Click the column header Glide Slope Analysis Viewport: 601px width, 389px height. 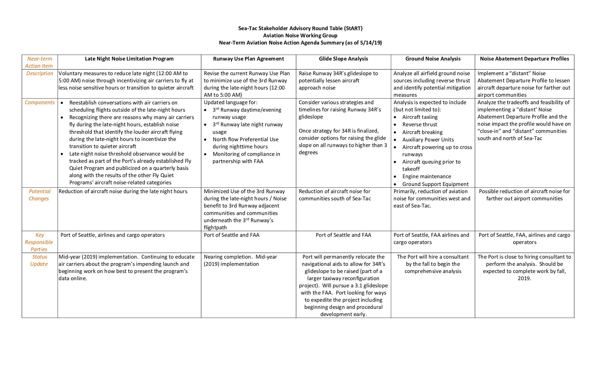tap(343, 59)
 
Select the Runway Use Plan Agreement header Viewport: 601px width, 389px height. tap(248, 59)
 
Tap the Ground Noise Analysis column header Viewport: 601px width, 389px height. tap(433, 59)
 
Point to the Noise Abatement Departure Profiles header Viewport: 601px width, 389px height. tap(524, 59)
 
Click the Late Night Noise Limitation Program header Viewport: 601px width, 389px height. tap(129, 59)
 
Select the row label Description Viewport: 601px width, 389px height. tap(39, 73)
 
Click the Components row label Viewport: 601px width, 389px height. tap(39, 102)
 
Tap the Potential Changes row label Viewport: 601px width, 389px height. tap(39, 195)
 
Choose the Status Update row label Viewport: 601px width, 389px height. tap(39, 260)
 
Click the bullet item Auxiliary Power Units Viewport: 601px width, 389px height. tap(428, 140)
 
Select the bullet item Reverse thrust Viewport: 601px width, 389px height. tap(420, 125)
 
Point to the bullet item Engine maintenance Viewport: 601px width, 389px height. tap(426, 177)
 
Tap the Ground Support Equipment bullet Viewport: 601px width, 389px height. tap(435, 184)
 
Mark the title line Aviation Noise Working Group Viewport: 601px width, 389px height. tap(300, 36)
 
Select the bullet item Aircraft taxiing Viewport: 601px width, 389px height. tap(420, 117)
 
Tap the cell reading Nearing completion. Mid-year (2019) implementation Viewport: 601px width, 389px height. tap(240, 261)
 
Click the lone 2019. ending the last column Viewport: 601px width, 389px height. tap(524, 278)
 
